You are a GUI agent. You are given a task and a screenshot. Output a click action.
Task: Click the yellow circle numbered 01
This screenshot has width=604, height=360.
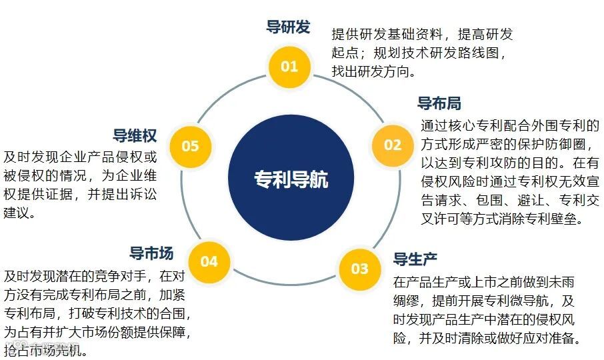pyautogui.click(x=289, y=66)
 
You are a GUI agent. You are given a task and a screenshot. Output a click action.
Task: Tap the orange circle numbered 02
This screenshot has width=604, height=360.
pyautogui.click(x=393, y=145)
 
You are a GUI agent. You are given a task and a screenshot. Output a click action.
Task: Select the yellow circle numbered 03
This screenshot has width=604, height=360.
pyautogui.click(x=359, y=268)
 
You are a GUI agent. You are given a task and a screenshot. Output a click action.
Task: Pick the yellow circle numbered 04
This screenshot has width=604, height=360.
pyautogui.click(x=209, y=261)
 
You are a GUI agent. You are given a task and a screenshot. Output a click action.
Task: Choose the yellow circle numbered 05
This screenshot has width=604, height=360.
pyautogui.click(x=190, y=145)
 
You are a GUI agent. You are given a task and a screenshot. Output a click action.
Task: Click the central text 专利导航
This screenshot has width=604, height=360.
pyautogui.click(x=291, y=179)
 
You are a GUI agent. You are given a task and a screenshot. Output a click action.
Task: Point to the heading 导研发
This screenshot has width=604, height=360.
pyautogui.click(x=288, y=27)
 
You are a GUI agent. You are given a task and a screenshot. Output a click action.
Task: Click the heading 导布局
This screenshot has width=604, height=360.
pyautogui.click(x=439, y=103)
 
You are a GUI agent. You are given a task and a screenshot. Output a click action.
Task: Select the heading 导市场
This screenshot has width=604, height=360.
pyautogui.click(x=151, y=253)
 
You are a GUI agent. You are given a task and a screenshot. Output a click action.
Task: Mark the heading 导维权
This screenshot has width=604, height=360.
pyautogui.click(x=135, y=136)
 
